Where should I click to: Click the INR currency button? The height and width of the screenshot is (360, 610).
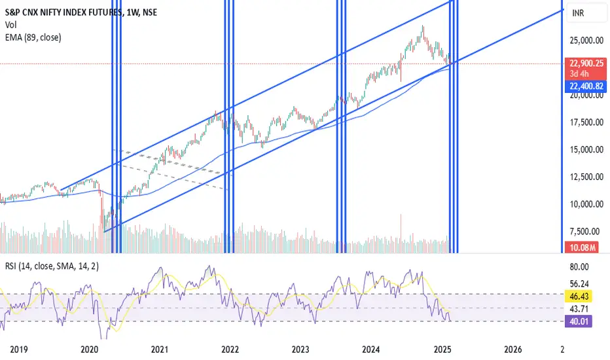(579, 12)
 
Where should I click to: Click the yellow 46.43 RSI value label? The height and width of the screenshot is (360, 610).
(581, 297)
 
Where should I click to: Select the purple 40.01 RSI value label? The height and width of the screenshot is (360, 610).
(581, 320)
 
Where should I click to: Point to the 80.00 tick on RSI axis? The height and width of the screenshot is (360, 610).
(581, 267)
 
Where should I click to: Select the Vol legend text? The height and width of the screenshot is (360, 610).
(11, 25)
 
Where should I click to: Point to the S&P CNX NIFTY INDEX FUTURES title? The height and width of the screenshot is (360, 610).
(62, 11)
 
